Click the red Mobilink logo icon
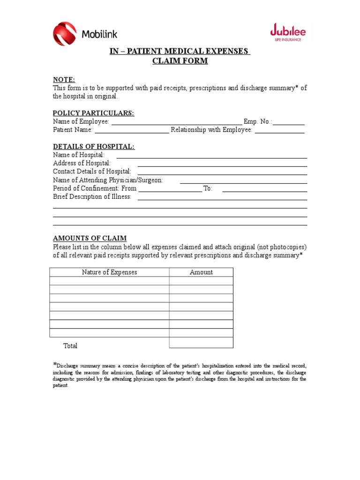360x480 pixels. (x=65, y=34)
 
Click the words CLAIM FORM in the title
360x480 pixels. (x=180, y=61)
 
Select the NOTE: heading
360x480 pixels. (x=64, y=80)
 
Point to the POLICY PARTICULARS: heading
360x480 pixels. (x=93, y=113)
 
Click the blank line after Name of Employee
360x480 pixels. (x=176, y=122)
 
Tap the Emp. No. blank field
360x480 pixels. (x=289, y=122)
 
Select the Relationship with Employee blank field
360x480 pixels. (x=279, y=131)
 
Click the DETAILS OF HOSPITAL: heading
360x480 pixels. (x=93, y=147)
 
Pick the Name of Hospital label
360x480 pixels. (x=79, y=155)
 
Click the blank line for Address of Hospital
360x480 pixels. (x=222, y=164)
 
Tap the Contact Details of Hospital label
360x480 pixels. (x=92, y=172)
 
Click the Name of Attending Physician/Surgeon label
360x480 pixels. (x=108, y=180)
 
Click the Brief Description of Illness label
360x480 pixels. (x=92, y=197)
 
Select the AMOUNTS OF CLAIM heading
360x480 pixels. (x=90, y=238)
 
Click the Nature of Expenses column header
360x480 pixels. (x=109, y=272)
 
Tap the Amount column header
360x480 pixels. (x=201, y=272)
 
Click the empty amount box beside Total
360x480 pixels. (x=201, y=343)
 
